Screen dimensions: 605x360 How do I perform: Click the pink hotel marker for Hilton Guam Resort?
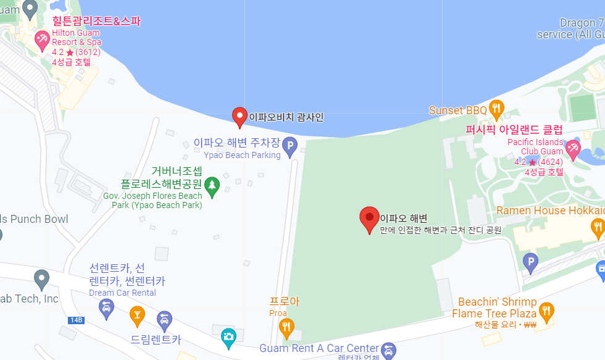click(x=42, y=41)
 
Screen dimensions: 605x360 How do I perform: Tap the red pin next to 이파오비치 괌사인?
click(x=240, y=116)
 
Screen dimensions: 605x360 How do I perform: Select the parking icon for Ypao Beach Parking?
click(x=290, y=146)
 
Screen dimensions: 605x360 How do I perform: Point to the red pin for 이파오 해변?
click(x=369, y=218)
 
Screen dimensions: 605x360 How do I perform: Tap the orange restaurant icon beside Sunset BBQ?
click(x=496, y=110)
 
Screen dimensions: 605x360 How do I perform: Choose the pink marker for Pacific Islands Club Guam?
click(x=573, y=148)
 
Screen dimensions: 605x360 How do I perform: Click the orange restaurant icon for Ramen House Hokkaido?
click(x=597, y=228)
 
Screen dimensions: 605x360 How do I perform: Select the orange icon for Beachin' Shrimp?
click(x=546, y=310)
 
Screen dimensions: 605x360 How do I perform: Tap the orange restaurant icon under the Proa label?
click(x=286, y=325)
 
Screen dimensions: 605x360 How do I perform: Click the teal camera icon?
click(x=228, y=337)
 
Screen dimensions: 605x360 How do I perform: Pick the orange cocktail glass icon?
click(x=137, y=316)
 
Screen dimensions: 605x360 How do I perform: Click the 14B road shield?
click(x=76, y=320)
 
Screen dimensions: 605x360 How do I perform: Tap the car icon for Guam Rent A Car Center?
click(x=388, y=350)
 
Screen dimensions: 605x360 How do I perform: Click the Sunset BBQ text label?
click(x=458, y=111)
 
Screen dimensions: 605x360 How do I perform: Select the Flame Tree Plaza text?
click(x=493, y=314)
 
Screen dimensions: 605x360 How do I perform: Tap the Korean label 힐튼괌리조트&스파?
click(x=96, y=21)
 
